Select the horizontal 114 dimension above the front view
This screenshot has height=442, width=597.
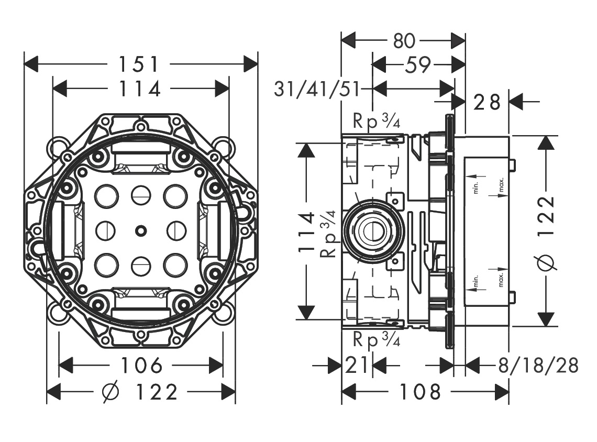point(138,89)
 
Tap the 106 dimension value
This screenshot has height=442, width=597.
point(141,365)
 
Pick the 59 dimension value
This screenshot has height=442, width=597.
point(417,65)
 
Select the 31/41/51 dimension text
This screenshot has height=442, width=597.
point(317,90)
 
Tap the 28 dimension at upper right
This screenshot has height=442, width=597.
point(488,102)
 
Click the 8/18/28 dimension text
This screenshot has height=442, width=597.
point(539,365)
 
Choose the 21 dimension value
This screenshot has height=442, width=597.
point(357,365)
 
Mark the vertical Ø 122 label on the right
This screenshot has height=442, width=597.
point(546,231)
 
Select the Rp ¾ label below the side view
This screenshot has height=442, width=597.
point(377,340)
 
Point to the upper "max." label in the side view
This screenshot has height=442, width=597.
point(501,186)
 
